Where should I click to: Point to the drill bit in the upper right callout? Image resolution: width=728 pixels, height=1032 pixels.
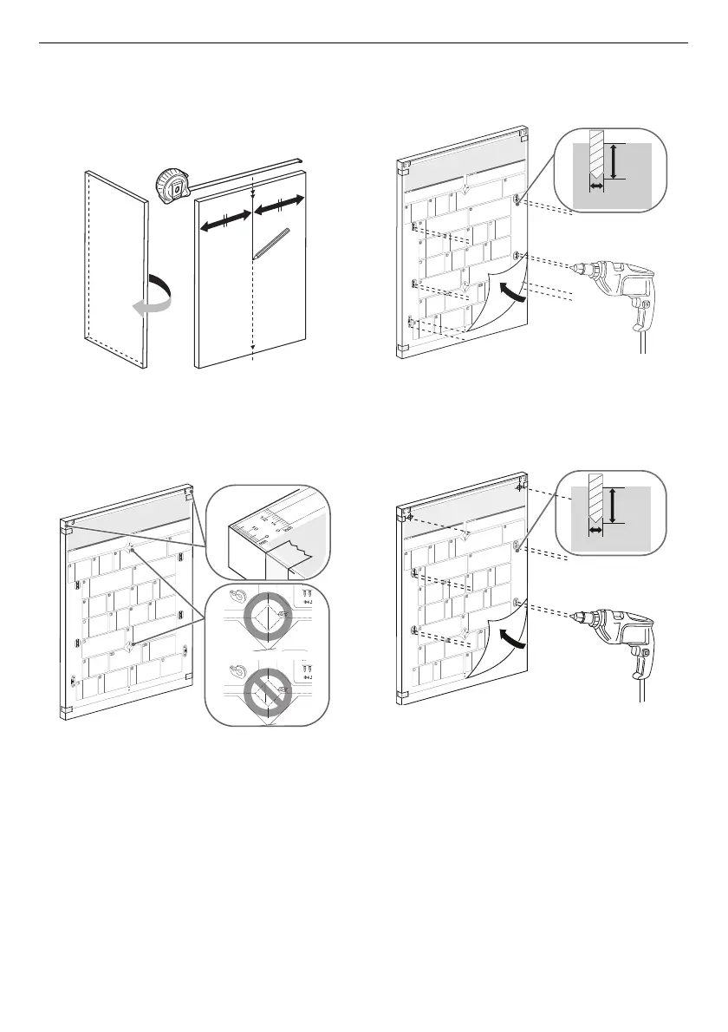(595, 160)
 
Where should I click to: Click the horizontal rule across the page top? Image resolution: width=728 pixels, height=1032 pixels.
(364, 42)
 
